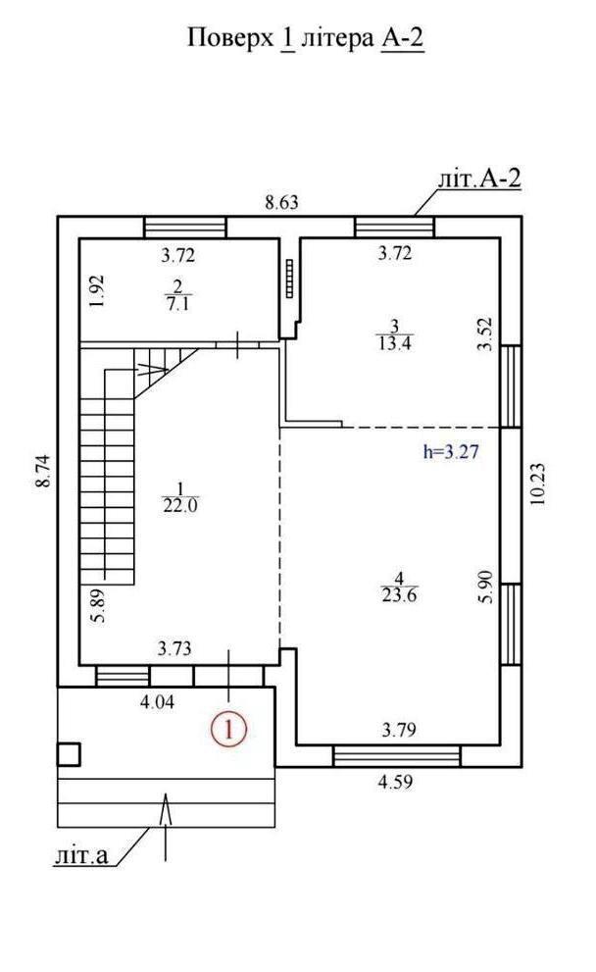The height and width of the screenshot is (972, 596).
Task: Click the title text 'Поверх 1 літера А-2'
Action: tap(306, 38)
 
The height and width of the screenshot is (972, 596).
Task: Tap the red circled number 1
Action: tap(229, 729)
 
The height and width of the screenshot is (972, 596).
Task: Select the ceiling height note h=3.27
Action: tap(451, 452)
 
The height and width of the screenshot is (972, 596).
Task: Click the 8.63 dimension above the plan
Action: tap(281, 203)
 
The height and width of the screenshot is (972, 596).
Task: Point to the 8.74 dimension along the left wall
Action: tap(44, 471)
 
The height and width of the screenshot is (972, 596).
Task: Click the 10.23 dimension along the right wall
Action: tap(537, 485)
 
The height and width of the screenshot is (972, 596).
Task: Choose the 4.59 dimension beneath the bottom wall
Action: tap(395, 782)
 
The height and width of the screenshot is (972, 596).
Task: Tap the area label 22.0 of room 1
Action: tap(180, 506)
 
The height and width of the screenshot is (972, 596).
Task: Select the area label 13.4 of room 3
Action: tap(395, 343)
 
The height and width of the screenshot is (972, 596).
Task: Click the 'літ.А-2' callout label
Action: tap(479, 179)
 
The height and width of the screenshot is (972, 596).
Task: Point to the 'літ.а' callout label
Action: tap(80, 856)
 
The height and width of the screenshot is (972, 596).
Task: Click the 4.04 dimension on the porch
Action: tap(158, 702)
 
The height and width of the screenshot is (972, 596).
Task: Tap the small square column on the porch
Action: tap(69, 754)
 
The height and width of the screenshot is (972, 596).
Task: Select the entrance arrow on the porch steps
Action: tap(166, 826)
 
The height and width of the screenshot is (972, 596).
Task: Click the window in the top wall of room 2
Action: tap(185, 227)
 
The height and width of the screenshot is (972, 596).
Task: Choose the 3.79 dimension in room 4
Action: tap(398, 730)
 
